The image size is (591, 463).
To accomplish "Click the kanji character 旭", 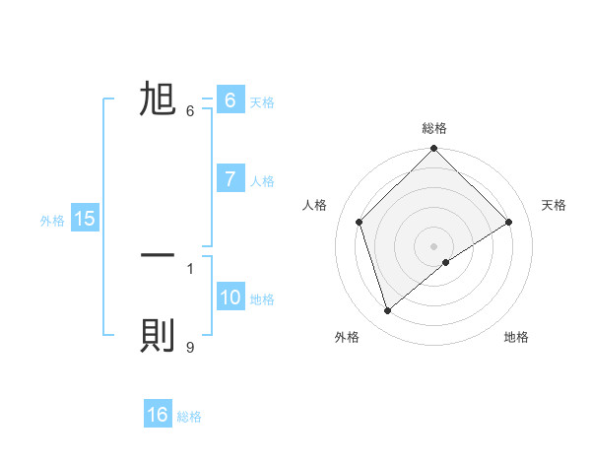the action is [159, 99].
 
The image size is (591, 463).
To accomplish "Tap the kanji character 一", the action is [159, 255].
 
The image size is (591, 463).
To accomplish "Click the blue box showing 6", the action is [230, 100].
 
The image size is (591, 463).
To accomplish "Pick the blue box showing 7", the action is [230, 179].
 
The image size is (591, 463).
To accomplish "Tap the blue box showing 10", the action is [230, 298].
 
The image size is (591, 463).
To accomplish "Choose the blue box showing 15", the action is [85, 219].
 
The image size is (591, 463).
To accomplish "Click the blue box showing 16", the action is [158, 415].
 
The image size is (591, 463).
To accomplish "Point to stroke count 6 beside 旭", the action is [189, 110].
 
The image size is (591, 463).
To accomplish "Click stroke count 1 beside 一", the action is [189, 267].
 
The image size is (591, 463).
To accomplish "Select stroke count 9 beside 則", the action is [189, 347].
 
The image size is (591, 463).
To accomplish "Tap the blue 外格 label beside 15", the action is [52, 221].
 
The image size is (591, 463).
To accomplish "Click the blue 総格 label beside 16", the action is [189, 417].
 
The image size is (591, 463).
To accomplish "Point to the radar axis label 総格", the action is [434, 128].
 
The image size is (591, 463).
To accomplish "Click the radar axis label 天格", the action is [555, 205].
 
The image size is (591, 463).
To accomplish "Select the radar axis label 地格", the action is [516, 337].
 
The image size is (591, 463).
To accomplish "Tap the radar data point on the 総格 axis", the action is [434, 149].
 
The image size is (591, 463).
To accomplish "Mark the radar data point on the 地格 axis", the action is [446, 262].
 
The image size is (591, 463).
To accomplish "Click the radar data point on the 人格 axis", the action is [360, 222].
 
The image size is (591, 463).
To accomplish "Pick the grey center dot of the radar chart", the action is [434, 245].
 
